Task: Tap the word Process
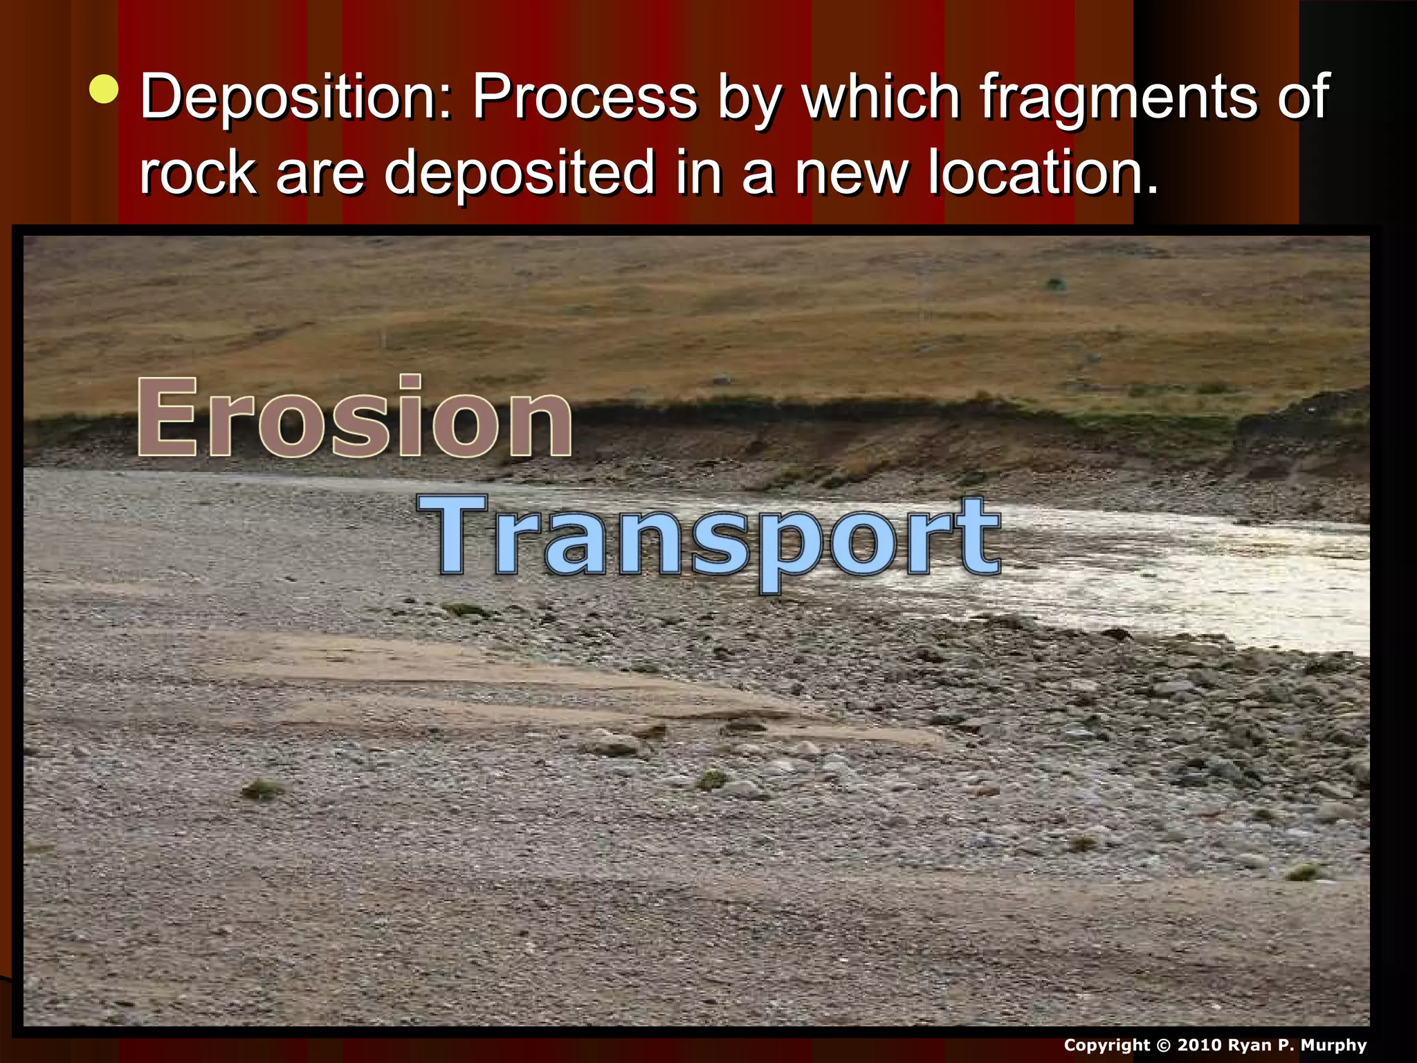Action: pos(585,97)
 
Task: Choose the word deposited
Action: pos(519,173)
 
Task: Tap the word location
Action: pos(1042,173)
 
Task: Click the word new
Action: pos(851,173)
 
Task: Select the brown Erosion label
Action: pos(354,417)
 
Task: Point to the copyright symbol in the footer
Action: pos(1163,1045)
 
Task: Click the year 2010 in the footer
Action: pos(1200,1045)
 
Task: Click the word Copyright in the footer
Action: pos(1107,1045)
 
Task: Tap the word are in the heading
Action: pos(320,173)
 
